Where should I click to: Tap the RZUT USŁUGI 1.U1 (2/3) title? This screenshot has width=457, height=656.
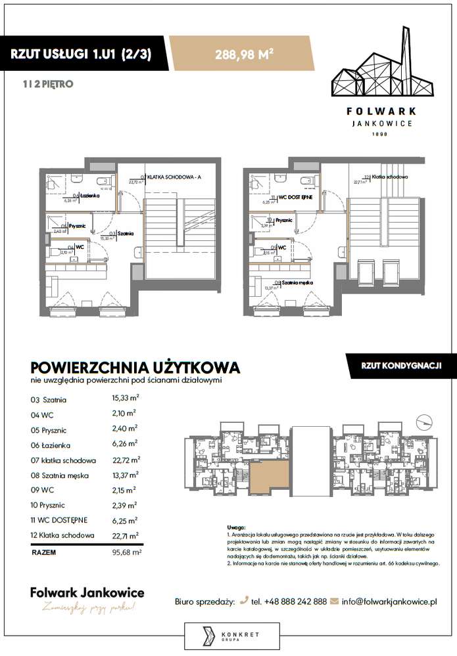coord(80,55)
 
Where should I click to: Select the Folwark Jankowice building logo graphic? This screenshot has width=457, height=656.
coord(383,66)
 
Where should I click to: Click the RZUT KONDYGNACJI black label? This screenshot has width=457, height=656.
coord(400,365)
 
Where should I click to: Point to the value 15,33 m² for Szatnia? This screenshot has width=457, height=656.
coord(125,398)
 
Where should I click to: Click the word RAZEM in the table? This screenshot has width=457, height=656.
coord(43,553)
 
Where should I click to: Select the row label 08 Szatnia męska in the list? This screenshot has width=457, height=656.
coord(62,475)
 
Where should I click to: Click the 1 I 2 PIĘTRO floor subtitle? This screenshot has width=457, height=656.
coord(47,84)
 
